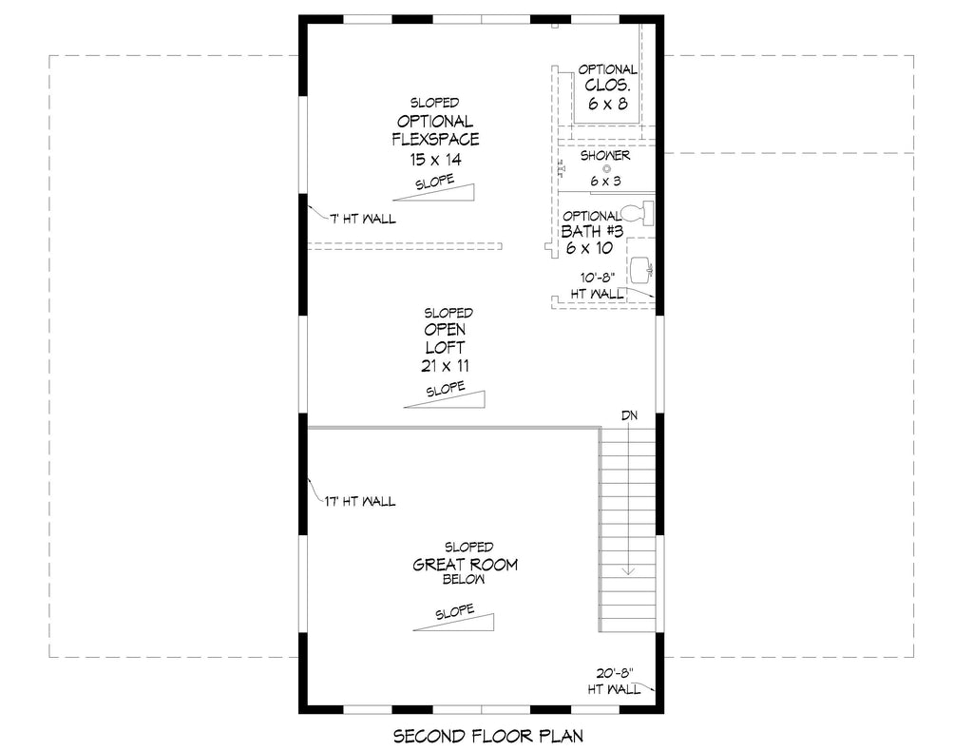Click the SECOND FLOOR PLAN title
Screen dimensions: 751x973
486,735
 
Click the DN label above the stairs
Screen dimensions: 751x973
629,415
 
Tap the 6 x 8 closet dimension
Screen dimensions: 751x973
607,104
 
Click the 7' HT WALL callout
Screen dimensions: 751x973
362,220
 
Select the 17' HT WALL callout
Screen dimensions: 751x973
359,501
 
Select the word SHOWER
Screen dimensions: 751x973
605,155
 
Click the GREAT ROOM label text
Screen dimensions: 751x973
465,565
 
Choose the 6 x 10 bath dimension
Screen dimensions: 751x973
589,248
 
